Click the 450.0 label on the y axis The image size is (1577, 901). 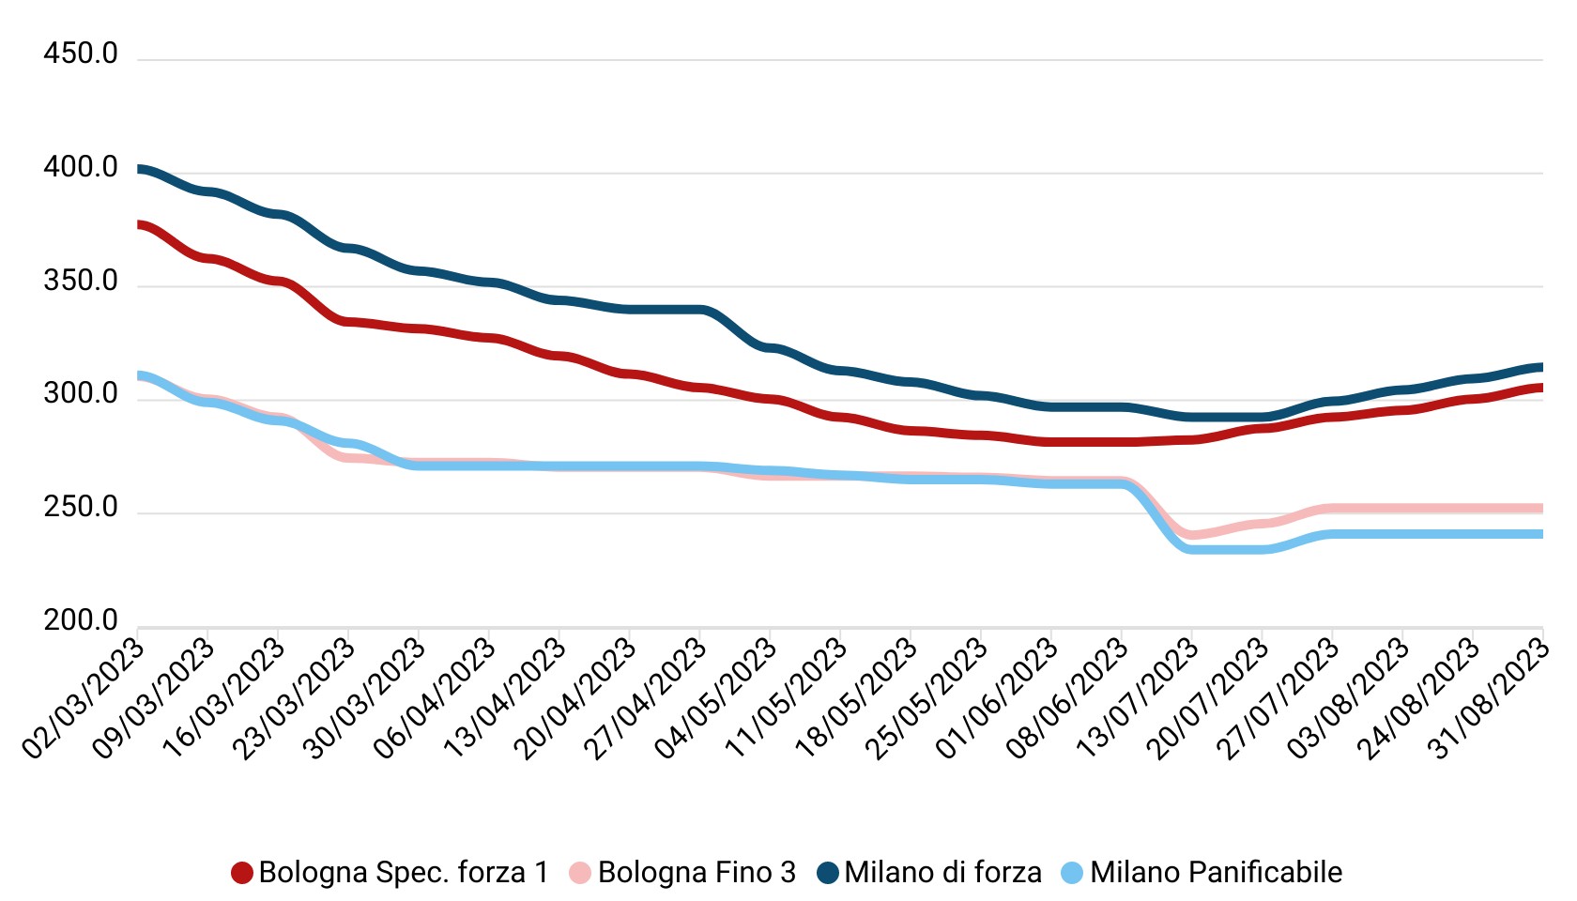81,54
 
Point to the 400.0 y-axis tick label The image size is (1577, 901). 81,168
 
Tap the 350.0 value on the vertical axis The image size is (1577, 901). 81,282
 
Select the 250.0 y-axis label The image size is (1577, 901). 81,509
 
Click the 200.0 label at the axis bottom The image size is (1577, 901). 81,621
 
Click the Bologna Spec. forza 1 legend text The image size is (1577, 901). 404,873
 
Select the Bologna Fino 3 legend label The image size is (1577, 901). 697,873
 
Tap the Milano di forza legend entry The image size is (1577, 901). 942,873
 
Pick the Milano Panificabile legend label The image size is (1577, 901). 1216,873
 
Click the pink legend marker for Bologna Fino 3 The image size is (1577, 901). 580,873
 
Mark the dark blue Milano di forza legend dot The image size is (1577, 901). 827,873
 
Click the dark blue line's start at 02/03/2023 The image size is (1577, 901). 139,169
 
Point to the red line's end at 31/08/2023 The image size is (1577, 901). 1541,388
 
